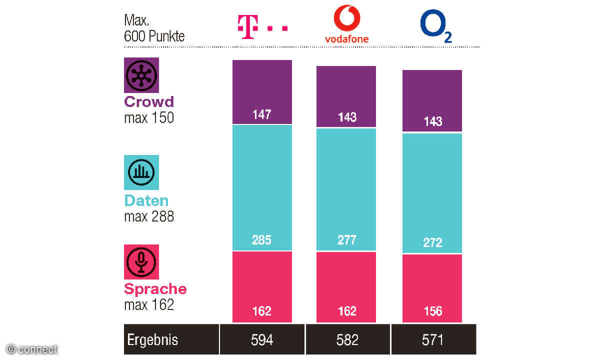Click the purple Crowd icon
(141, 75)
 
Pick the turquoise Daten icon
(141, 172)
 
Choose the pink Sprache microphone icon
(141, 261)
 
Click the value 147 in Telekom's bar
(262, 114)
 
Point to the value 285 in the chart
(262, 240)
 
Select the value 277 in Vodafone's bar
(346, 240)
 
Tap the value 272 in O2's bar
(432, 242)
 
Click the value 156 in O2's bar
(432, 311)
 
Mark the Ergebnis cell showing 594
(262, 340)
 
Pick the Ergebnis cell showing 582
(347, 340)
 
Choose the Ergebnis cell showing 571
(433, 340)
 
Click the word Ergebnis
(152, 340)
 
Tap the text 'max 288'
(149, 216)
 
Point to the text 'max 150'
(149, 118)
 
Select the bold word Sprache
(155, 289)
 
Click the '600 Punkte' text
(154, 36)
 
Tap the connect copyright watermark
(32, 349)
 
